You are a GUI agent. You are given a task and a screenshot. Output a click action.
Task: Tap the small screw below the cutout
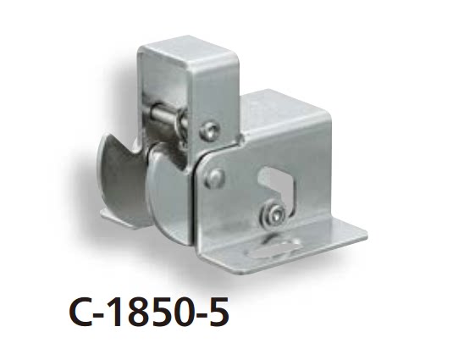[273, 216]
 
